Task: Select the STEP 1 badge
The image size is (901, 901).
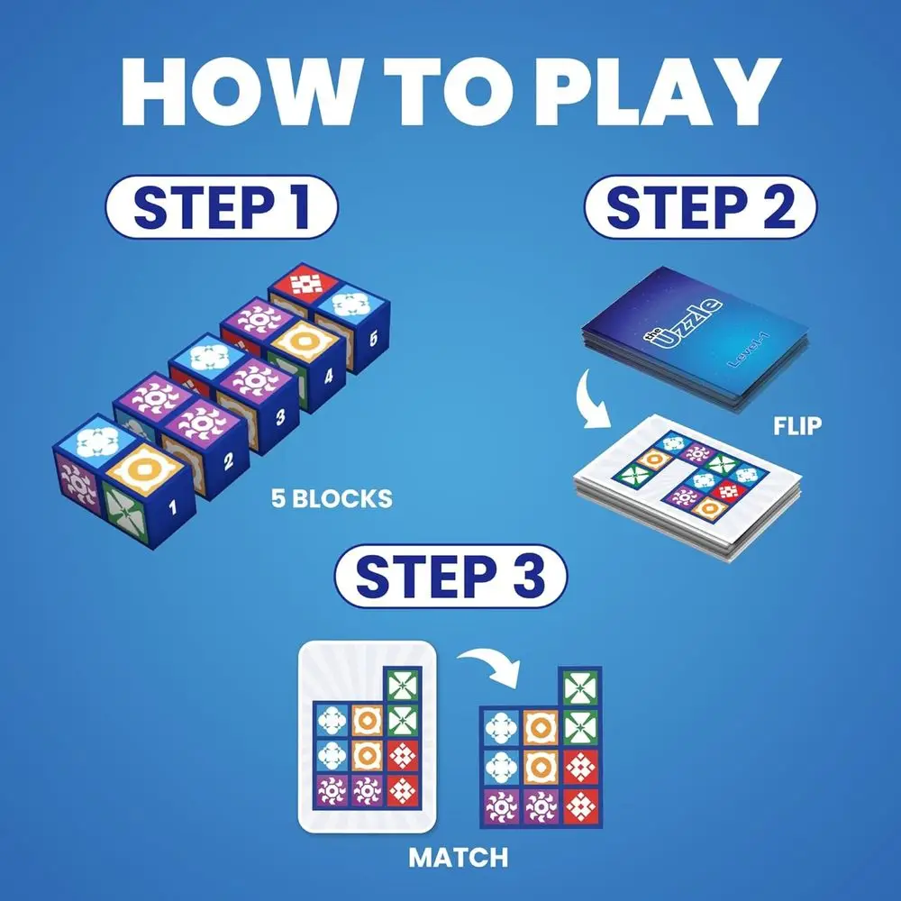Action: (x=222, y=207)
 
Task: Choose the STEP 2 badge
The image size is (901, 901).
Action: (x=700, y=207)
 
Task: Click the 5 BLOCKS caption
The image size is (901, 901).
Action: (x=332, y=498)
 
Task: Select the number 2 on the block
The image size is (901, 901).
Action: (x=228, y=463)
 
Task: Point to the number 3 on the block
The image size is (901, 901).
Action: (x=280, y=417)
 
